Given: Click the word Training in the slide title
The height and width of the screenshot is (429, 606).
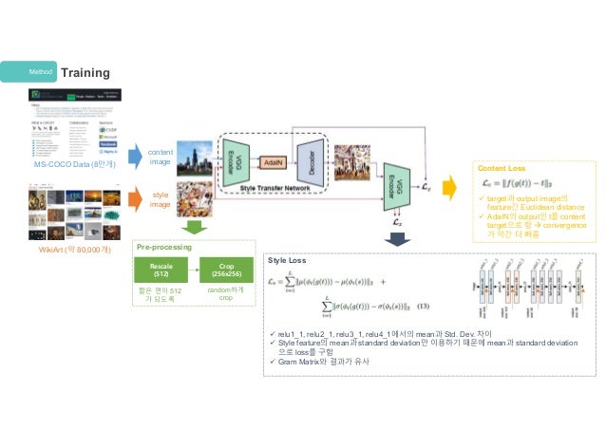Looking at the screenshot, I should click(x=85, y=73).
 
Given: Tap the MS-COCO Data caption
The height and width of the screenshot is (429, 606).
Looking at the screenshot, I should click(x=73, y=165).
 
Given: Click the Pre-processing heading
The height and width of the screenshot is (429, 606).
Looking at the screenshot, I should click(x=163, y=246).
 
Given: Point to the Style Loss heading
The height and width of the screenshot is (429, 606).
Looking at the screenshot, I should click(x=287, y=258).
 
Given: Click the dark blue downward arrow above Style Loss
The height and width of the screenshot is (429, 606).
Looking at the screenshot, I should click(x=393, y=237).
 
